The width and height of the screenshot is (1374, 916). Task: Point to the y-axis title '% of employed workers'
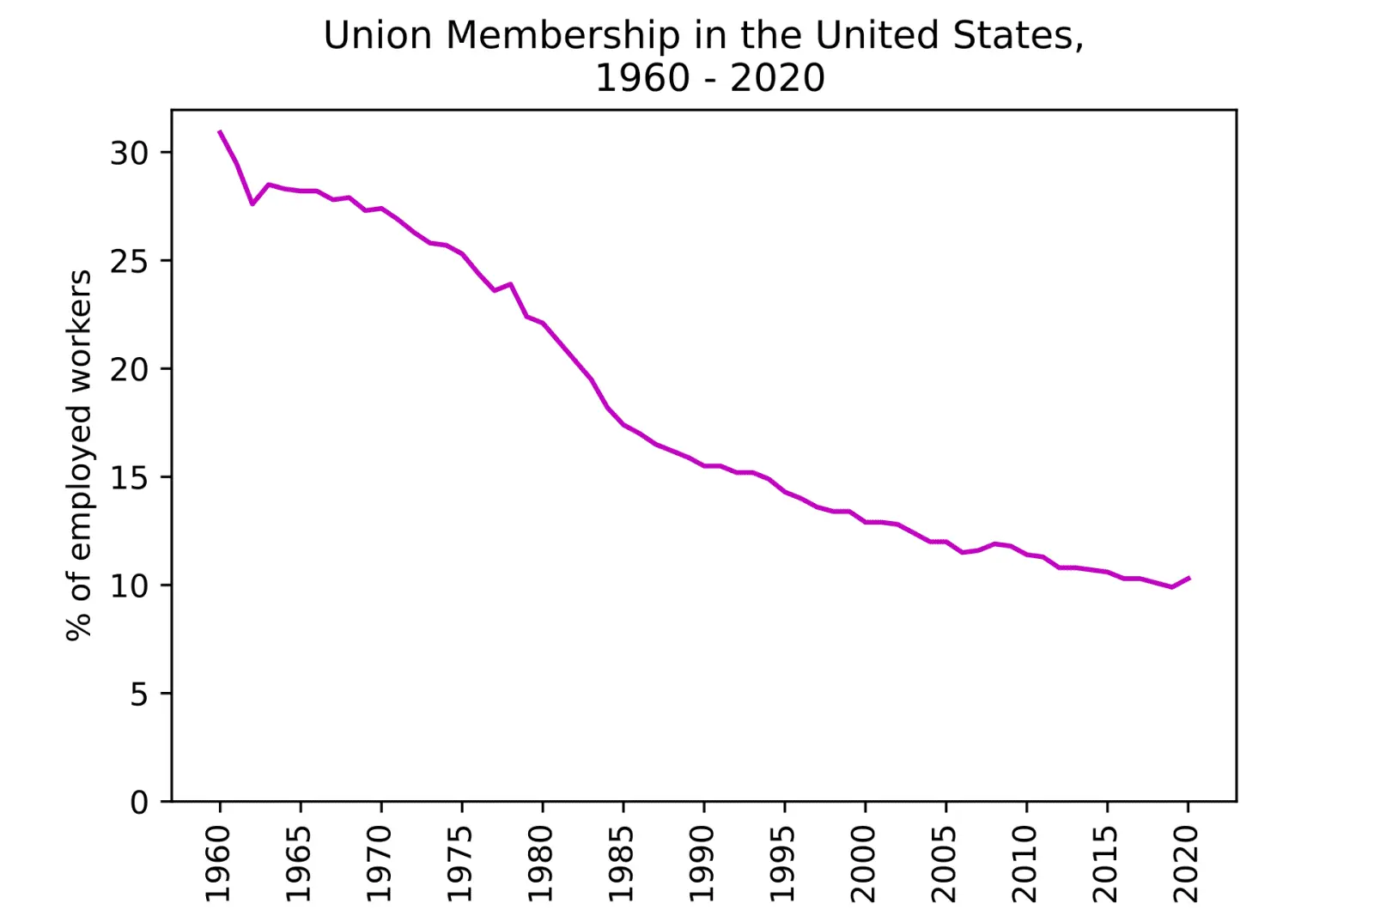[x=79, y=456]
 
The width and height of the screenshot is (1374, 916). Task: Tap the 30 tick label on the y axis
[x=130, y=153]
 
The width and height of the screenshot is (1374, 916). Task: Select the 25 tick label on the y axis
[x=130, y=261]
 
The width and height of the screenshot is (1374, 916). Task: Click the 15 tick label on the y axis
[x=130, y=477]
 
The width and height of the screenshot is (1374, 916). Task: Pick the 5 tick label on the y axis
[x=139, y=694]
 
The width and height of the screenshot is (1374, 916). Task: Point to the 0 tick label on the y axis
[x=139, y=802]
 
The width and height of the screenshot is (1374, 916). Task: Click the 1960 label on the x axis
[x=218, y=864]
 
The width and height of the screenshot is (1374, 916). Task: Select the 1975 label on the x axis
[x=460, y=864]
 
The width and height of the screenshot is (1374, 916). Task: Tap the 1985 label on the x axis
[x=622, y=864]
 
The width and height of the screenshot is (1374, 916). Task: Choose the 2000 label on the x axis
[x=864, y=864]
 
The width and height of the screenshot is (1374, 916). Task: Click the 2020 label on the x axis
[x=1186, y=864]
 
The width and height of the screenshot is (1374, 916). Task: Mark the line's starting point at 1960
[x=220, y=131]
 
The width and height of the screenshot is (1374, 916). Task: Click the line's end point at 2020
[x=1189, y=578]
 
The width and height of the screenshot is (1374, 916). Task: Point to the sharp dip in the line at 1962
[x=252, y=203]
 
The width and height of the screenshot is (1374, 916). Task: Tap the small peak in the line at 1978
[x=510, y=284]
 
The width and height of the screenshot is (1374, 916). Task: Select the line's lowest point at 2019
[x=1172, y=586]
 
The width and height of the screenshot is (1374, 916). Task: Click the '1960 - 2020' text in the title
[x=709, y=78]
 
